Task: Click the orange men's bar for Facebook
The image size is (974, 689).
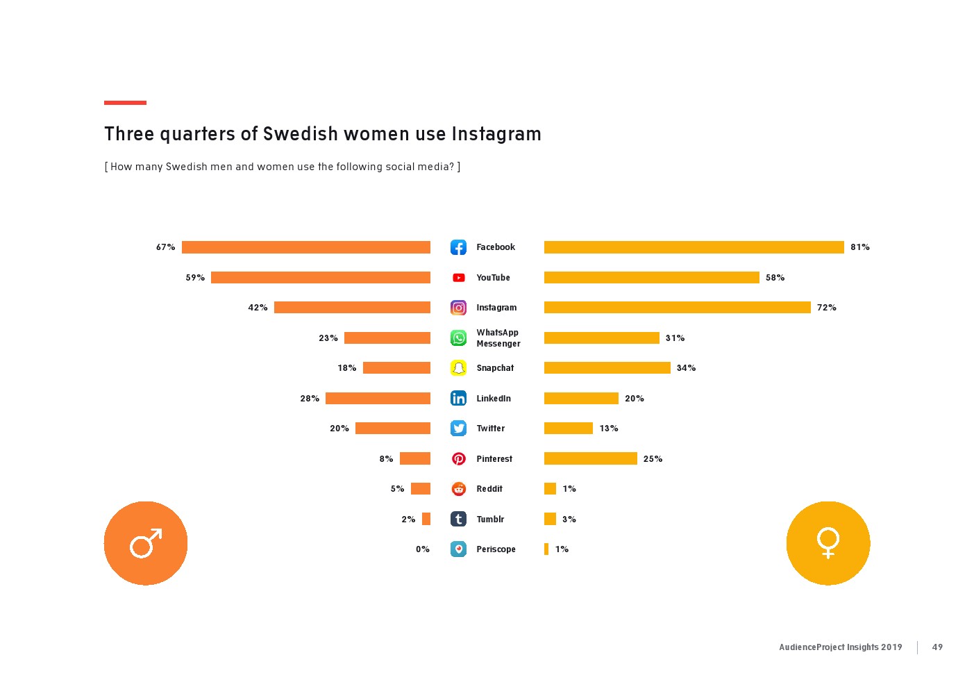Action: coord(305,247)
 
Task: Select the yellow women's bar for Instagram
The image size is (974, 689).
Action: coord(677,308)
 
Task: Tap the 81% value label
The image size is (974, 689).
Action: coord(859,247)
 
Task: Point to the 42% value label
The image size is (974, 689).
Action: coord(258,308)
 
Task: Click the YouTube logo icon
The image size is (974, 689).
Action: coord(458,278)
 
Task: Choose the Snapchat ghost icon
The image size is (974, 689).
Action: coord(458,368)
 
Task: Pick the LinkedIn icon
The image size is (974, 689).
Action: coord(458,398)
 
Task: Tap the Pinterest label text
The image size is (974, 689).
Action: coord(494,459)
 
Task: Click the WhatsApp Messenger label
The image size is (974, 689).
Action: coord(498,338)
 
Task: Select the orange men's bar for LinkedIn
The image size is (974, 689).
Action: coord(378,398)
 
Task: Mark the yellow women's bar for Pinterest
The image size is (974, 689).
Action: coord(590,458)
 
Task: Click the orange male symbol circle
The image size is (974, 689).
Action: coord(146,543)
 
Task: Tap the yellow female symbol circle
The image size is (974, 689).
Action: coord(828,543)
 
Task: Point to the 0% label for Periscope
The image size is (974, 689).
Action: coord(422,549)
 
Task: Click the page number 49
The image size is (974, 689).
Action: coord(937,647)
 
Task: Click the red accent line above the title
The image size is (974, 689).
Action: coord(125,103)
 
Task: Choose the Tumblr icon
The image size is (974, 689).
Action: coord(458,519)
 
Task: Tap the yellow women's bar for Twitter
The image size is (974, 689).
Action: coord(568,429)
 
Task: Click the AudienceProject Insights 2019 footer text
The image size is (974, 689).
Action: coord(840,647)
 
